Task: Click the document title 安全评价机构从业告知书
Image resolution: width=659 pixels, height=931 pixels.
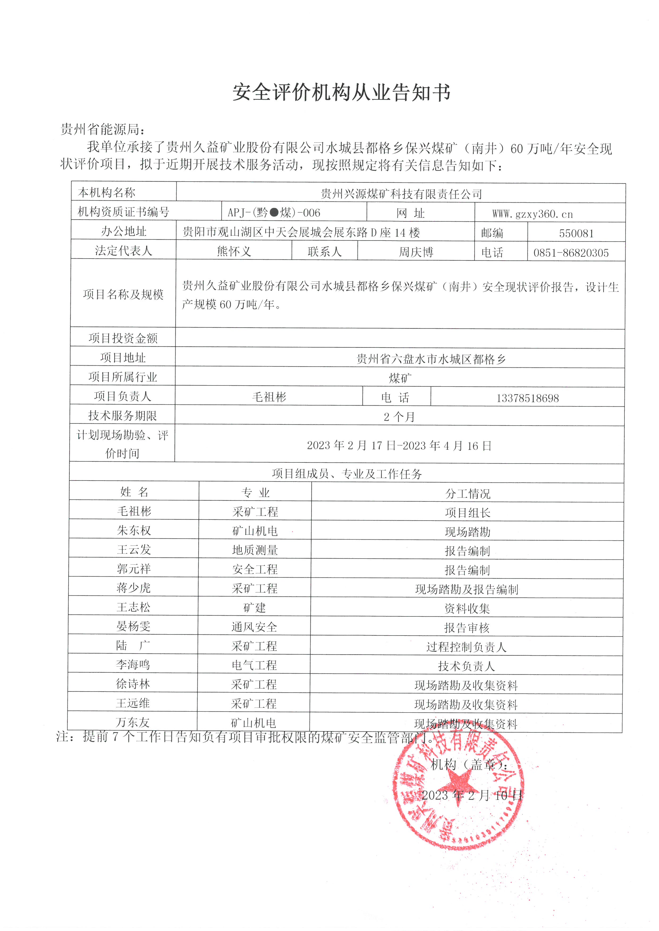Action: click(x=341, y=92)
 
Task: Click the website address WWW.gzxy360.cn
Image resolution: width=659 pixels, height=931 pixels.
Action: click(x=533, y=214)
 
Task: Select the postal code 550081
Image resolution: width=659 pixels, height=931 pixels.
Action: click(x=576, y=233)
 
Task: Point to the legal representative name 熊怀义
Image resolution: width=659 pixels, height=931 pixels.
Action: click(x=234, y=251)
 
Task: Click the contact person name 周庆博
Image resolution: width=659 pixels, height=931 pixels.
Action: click(x=416, y=252)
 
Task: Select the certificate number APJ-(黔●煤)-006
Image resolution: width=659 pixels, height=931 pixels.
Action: click(x=274, y=212)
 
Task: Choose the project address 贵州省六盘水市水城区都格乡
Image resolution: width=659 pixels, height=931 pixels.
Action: click(x=431, y=359)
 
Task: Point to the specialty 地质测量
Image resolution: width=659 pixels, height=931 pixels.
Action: click(x=255, y=550)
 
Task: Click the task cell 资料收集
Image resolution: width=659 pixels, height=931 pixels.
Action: click(x=467, y=608)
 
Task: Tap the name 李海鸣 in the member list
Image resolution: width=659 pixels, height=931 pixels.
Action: click(x=133, y=664)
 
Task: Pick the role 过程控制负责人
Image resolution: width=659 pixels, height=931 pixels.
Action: click(x=466, y=647)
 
